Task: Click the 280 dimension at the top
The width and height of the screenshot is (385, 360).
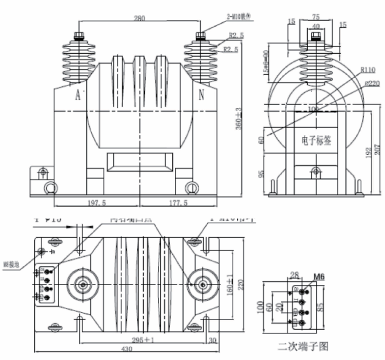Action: [x=139, y=18]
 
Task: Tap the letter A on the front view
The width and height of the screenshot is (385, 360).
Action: [x=78, y=95]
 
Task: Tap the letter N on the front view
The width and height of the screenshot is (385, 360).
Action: [x=202, y=95]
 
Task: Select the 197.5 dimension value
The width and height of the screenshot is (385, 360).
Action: [x=97, y=203]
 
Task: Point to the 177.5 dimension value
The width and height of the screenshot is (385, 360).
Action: [x=179, y=203]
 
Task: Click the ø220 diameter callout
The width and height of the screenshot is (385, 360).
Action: [x=370, y=84]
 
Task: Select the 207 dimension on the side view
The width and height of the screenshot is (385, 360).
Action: [x=378, y=150]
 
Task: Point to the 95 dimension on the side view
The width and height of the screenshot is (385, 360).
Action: [x=261, y=175]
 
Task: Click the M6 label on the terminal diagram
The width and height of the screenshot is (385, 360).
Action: [x=319, y=278]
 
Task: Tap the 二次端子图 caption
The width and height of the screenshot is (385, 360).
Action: [x=303, y=347]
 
